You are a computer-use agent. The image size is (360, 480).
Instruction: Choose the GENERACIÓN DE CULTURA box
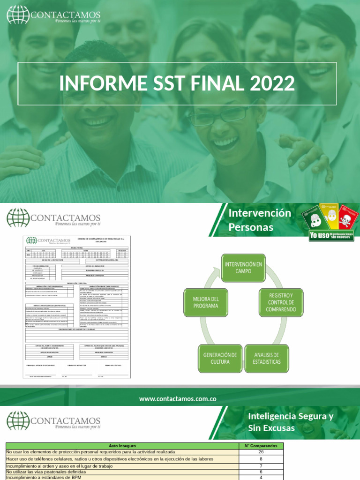pos(219,359)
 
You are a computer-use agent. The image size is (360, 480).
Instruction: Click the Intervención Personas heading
pos(260,220)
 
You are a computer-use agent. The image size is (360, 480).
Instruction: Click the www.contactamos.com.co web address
pos(178,399)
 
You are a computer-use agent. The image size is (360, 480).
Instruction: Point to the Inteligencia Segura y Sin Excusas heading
pos(291,422)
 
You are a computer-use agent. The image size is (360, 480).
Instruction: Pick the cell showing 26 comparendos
pos(261,452)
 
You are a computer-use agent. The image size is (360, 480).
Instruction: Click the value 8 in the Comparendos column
pos(261,459)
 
